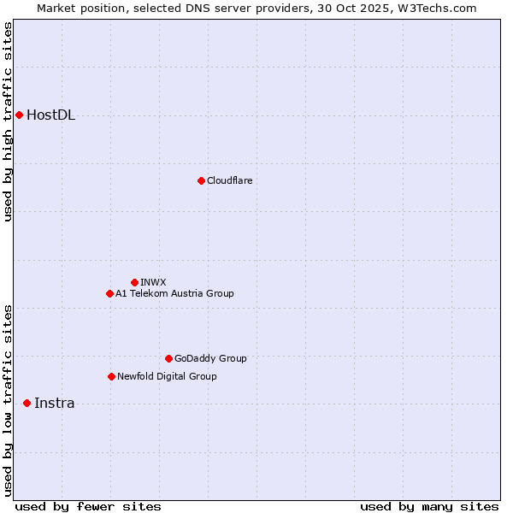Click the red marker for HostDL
coord(19,115)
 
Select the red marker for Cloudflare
coord(201,180)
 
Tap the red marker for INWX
coord(134,282)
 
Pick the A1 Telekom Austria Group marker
coord(109,293)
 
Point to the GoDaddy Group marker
coord(168,358)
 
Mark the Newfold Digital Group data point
coord(111,376)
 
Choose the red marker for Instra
coord(27,403)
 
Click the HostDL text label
coord(50,115)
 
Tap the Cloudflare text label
coord(229,180)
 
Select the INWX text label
coord(153,282)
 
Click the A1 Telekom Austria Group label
coord(174,293)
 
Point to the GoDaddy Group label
coord(210,358)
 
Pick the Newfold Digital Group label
coord(167,376)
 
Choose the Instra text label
coord(54,404)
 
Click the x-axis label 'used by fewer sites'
coord(88,507)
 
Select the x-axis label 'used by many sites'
coord(429,507)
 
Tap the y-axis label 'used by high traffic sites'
coord(8,121)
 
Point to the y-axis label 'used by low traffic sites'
coord(8,400)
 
